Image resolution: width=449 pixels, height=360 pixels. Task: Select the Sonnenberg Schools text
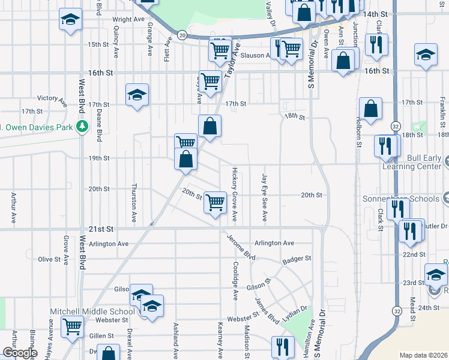(x=402, y=199)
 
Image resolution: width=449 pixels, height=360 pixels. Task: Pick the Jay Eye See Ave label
(x=264, y=197)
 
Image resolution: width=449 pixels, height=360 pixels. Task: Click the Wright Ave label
(x=128, y=19)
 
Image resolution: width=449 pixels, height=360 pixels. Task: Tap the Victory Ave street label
(x=51, y=98)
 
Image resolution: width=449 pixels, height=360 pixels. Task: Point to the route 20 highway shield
(x=182, y=36)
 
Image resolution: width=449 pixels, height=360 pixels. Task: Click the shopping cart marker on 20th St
(x=215, y=202)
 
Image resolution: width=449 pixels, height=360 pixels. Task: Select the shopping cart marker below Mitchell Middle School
(x=72, y=328)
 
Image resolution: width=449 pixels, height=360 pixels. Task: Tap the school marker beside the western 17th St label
(x=137, y=95)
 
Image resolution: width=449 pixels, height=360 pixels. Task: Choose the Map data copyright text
(x=423, y=355)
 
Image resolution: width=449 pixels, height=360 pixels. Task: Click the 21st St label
(x=100, y=229)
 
